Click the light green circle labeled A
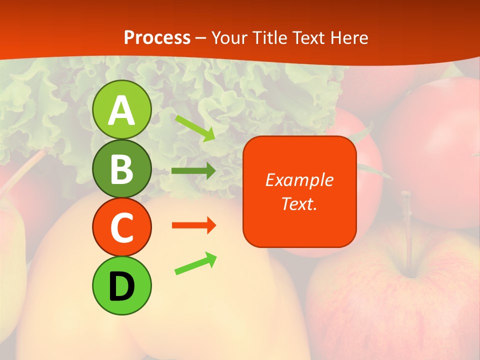coord(122,109)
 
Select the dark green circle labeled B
coord(122,168)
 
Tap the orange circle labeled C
coord(122,227)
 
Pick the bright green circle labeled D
coord(122,285)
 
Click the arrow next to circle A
coord(195,127)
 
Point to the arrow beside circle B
coord(193,171)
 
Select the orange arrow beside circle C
coord(193,225)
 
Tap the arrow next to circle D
coord(195,263)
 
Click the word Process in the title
coord(157,37)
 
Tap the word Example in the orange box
coord(299,180)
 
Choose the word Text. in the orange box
coord(299,203)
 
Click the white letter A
coord(122,110)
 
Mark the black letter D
coord(122,286)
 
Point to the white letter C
coord(122,228)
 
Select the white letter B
coord(122,169)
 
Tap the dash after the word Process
coord(201,38)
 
